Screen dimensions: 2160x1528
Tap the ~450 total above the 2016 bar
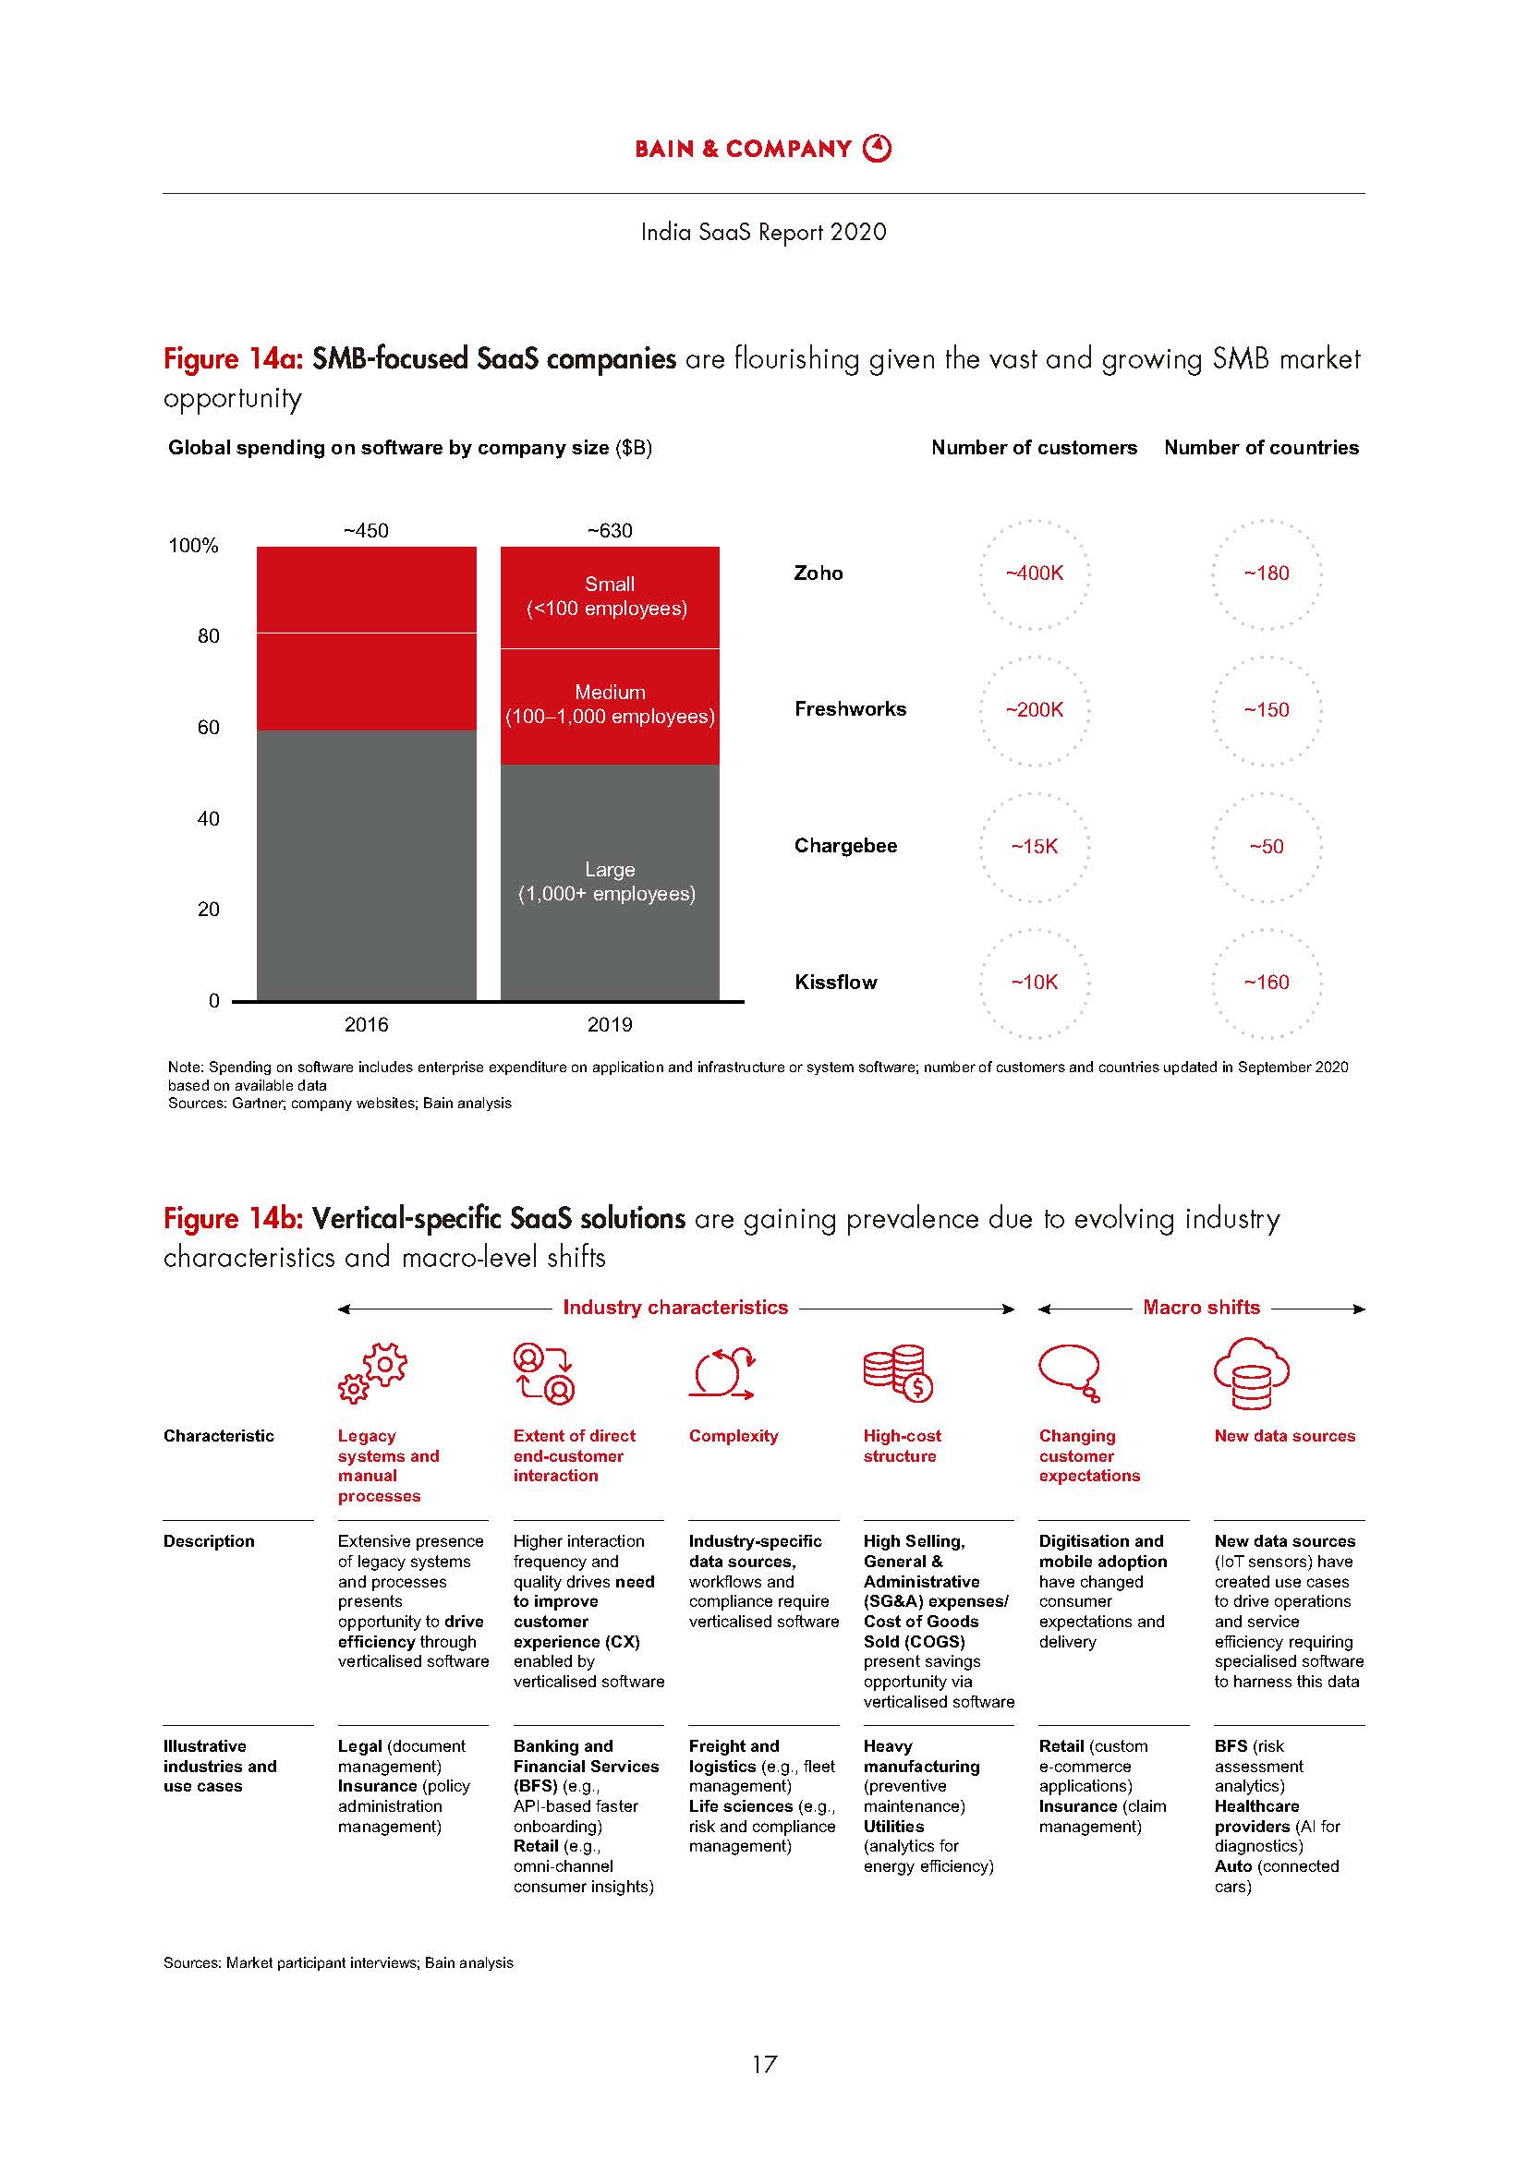coord(365,531)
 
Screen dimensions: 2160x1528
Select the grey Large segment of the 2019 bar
coord(610,882)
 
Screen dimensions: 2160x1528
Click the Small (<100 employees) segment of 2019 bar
coord(610,597)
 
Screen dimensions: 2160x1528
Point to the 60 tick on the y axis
coord(208,727)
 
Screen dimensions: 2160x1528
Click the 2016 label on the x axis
coord(366,1024)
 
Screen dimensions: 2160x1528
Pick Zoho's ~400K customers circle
coord(1034,573)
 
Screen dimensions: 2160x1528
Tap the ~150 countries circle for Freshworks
coord(1266,710)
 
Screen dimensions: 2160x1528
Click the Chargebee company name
coord(845,846)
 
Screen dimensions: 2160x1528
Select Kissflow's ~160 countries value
coord(1266,983)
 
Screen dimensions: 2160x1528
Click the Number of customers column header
coord(1033,448)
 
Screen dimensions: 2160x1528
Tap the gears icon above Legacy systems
coord(371,1374)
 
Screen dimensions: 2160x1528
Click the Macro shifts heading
coord(1201,1308)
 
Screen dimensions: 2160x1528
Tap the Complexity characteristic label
coord(733,1436)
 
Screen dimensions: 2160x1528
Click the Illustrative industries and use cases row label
coord(219,1766)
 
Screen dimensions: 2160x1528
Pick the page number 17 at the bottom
coord(764,2064)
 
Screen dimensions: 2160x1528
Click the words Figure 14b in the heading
coord(233,1219)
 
